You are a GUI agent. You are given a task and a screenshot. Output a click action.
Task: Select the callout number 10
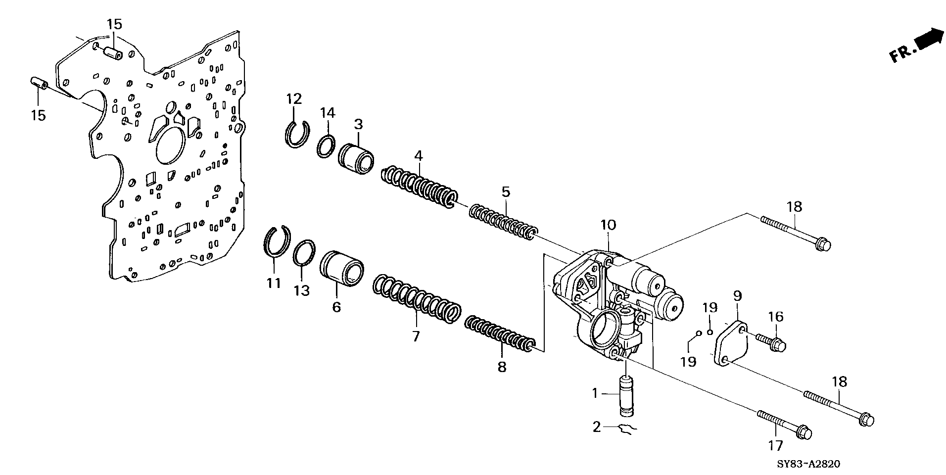[608, 225]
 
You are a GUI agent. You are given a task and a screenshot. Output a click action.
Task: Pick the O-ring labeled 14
[326, 147]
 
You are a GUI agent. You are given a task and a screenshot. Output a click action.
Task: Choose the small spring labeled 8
[500, 336]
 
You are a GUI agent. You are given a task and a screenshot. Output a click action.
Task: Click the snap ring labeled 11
[277, 242]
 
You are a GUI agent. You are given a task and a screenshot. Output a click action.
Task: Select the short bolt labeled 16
[771, 342]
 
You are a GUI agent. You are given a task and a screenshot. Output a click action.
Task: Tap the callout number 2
[597, 427]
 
